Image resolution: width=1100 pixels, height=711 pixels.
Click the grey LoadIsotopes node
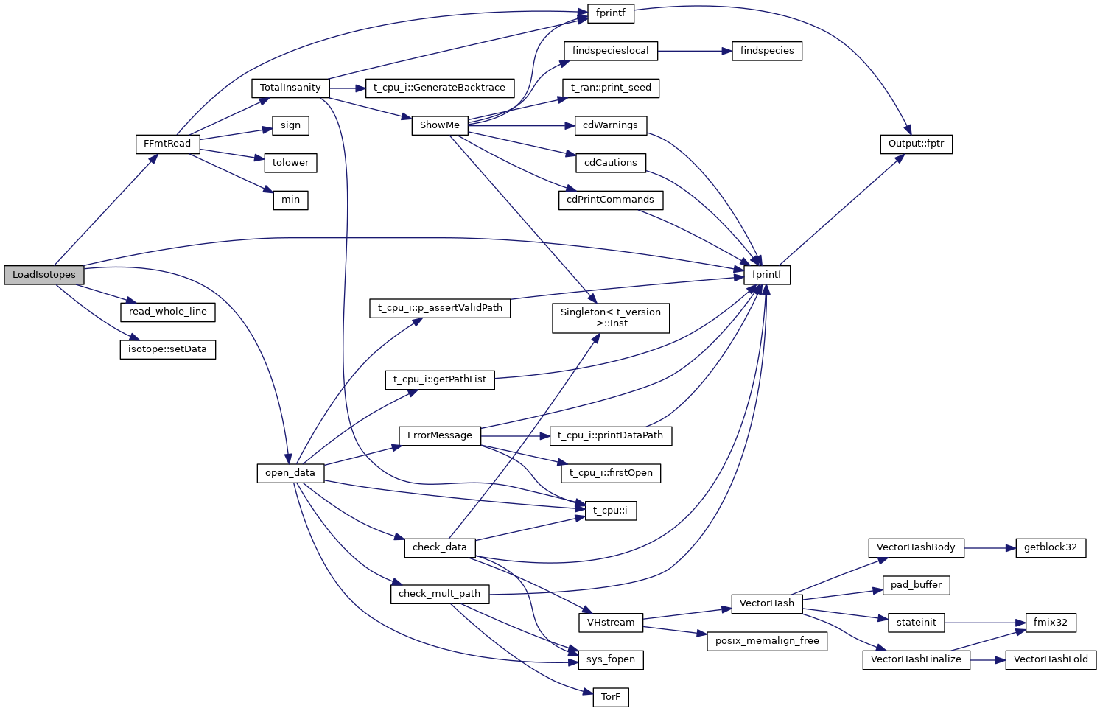[43, 275]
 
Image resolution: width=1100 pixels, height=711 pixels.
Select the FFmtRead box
[167, 144]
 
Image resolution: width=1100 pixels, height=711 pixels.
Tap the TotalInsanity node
[290, 88]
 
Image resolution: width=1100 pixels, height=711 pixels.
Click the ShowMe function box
[439, 125]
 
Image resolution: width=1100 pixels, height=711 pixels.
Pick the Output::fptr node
[916, 144]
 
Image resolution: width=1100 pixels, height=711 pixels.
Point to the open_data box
[290, 473]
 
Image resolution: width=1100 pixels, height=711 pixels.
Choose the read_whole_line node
[167, 312]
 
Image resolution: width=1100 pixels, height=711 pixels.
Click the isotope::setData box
[167, 349]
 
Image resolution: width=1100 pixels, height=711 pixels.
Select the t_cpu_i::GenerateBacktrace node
[439, 88]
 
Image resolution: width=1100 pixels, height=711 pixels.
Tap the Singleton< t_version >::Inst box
[610, 318]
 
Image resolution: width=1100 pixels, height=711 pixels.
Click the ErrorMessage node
[439, 435]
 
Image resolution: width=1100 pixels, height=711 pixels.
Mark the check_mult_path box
[439, 594]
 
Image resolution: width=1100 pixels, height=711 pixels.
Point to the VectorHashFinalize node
[916, 659]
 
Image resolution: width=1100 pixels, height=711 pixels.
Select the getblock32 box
[1050, 547]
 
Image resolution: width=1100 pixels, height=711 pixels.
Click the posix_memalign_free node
[767, 641]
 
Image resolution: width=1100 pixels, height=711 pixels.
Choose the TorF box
[610, 697]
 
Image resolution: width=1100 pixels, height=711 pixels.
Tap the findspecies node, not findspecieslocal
[767, 51]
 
